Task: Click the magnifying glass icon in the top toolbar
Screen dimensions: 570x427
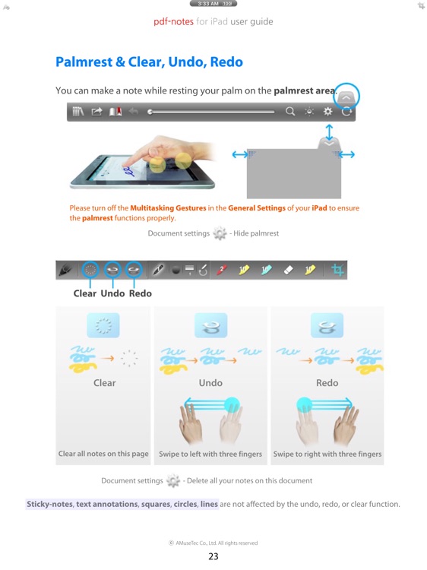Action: click(290, 112)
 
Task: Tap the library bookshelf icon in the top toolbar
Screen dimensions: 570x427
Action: click(78, 112)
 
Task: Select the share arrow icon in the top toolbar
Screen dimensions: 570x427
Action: click(97, 112)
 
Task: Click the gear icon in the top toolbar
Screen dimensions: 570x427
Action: click(328, 112)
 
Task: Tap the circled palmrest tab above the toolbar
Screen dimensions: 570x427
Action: click(346, 97)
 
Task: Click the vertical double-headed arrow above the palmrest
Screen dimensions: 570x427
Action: click(328, 129)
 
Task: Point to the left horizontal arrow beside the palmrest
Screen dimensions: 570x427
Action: click(240, 154)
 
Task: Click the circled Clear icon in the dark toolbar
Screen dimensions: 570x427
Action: click(90, 269)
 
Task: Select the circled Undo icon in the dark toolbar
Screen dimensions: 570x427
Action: click(112, 269)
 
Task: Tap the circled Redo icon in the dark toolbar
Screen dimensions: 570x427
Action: click(134, 269)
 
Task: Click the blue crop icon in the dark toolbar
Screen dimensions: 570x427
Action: click(338, 269)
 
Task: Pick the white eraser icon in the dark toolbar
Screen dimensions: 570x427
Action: click(288, 269)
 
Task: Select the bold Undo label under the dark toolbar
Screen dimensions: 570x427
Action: click(112, 293)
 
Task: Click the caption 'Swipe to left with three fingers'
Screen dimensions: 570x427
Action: click(210, 454)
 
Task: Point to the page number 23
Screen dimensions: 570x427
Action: click(214, 556)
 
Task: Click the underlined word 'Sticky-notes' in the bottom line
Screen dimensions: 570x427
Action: click(49, 504)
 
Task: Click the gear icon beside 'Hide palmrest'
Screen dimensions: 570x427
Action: click(220, 233)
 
